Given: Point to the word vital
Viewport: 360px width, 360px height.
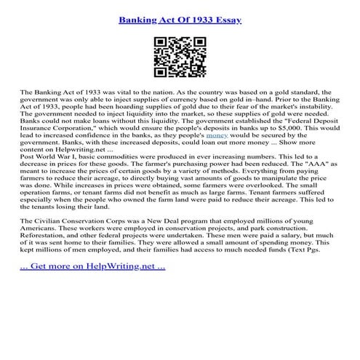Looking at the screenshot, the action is pyautogui.click(x=121, y=94).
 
